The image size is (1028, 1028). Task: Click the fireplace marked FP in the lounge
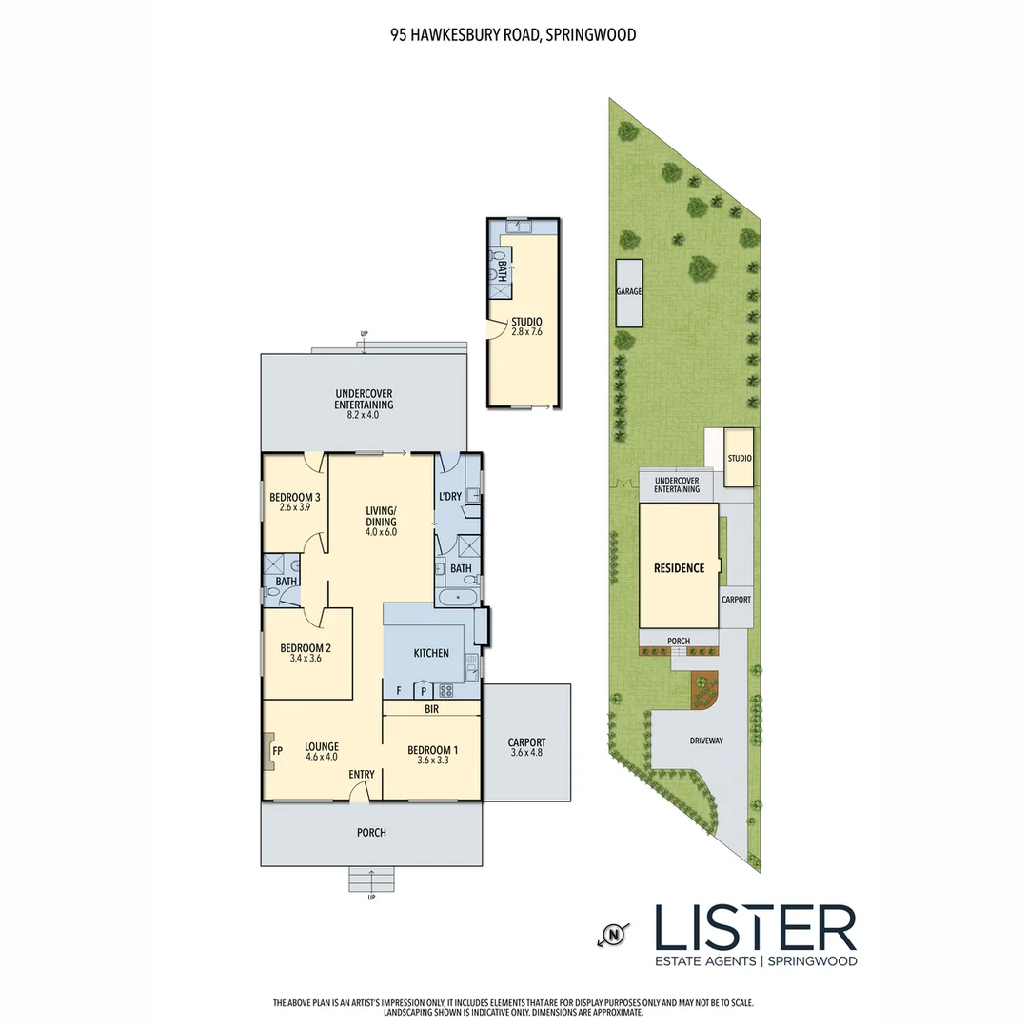pos(269,751)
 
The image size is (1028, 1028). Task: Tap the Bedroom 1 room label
pos(432,750)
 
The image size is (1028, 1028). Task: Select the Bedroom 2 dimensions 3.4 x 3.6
pos(306,657)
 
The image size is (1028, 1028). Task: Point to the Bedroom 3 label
pos(294,497)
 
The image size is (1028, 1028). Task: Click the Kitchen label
pos(431,653)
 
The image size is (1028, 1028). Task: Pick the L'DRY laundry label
pos(449,497)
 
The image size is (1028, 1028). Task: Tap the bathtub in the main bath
pos(459,598)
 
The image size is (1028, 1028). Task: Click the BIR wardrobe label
pos(431,709)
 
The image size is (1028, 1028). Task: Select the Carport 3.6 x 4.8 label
pos(526,748)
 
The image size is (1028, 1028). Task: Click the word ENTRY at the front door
pos(362,774)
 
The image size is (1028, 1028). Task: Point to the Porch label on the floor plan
pos(371,833)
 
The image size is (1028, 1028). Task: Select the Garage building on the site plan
pos(628,291)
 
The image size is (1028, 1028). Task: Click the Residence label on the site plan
pos(679,568)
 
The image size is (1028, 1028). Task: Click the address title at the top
pos(513,35)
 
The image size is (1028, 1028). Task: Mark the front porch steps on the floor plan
pos(371,880)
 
